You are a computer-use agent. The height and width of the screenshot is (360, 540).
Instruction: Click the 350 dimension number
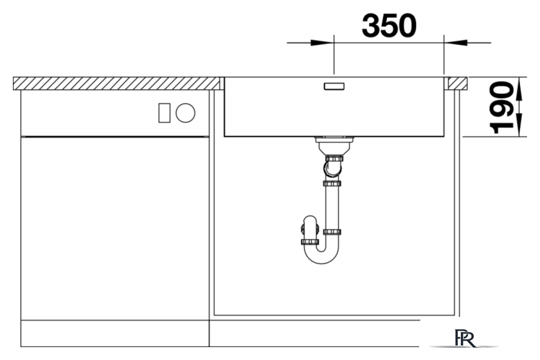pos(389,26)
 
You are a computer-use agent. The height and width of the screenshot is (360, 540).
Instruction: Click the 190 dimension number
pos(501,107)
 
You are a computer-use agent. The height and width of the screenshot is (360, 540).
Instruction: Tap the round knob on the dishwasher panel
pos(185,113)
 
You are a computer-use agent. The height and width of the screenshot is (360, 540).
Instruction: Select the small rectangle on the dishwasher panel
pos(165,113)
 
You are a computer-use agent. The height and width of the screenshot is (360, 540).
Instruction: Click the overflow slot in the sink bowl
pos(334,86)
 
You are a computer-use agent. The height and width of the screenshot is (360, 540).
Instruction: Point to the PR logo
pos(465,338)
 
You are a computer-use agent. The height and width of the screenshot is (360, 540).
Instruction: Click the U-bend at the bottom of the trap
pos(321,255)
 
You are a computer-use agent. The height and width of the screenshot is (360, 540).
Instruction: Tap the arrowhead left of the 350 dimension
pos(322,42)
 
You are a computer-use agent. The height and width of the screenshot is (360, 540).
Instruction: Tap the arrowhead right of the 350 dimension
pos(455,42)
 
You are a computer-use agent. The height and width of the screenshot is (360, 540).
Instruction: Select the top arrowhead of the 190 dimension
pos(519,89)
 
